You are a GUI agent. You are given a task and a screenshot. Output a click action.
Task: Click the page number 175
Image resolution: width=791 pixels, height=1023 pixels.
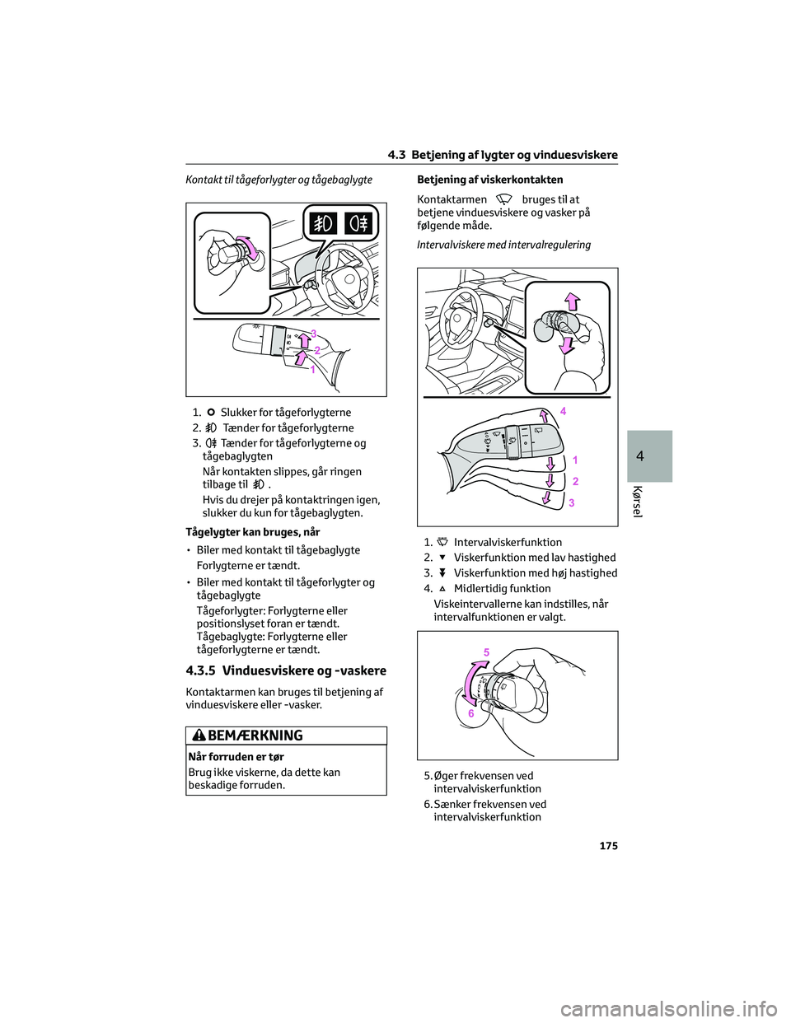[608, 846]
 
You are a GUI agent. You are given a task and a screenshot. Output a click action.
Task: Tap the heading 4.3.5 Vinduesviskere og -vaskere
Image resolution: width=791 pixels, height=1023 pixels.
[287, 670]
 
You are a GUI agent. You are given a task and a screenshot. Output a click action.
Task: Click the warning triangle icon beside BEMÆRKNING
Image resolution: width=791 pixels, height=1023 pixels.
[200, 736]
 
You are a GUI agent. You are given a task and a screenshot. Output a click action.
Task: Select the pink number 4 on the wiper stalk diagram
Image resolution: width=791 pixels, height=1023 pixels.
[563, 410]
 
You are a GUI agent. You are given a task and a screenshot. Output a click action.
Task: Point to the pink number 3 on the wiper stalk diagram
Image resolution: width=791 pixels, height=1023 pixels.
[572, 502]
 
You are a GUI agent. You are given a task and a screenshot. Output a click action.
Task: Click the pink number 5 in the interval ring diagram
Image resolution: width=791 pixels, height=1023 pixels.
[486, 652]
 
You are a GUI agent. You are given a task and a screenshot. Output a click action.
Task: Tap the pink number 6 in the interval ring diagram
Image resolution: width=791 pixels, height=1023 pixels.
[471, 714]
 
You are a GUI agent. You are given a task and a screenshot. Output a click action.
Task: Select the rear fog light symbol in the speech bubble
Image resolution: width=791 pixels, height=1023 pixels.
[358, 224]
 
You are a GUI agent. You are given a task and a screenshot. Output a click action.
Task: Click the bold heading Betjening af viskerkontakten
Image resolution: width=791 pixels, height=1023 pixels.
[489, 180]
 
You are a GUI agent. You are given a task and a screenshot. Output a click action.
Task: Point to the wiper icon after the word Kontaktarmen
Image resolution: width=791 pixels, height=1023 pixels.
[504, 199]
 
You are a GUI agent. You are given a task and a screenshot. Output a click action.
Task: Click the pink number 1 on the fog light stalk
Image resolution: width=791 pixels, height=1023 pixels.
[313, 371]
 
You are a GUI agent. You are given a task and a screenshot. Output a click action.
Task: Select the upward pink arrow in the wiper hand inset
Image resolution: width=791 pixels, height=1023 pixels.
[572, 301]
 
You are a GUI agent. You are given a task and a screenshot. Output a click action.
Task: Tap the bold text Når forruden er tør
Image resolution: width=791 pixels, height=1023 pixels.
[236, 756]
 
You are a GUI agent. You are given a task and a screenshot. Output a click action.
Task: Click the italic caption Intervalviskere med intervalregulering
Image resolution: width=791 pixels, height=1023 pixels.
[503, 245]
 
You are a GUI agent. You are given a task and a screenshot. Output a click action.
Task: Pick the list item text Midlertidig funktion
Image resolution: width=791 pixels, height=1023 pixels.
[502, 588]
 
